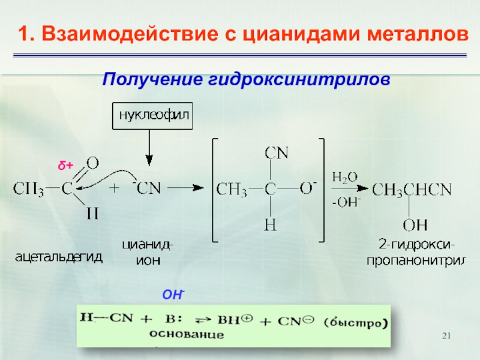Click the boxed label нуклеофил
coord(153,116)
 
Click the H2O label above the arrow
coord(344,177)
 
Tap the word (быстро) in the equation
coord(358,322)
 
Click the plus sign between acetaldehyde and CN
coord(114,188)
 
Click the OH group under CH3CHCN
coord(415,225)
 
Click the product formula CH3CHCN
coord(412,190)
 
